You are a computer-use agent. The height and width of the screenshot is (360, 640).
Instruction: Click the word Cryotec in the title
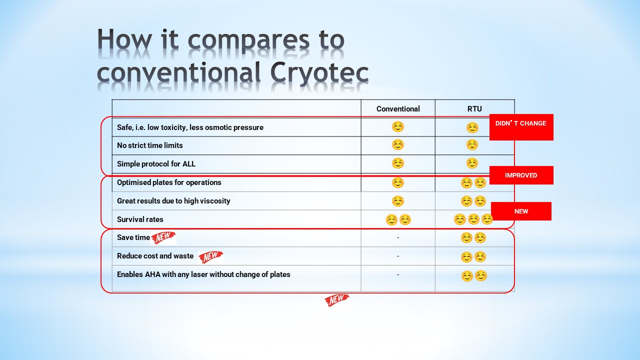319,73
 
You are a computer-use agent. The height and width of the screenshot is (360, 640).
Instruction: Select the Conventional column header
398,109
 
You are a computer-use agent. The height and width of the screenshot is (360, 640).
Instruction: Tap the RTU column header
474,109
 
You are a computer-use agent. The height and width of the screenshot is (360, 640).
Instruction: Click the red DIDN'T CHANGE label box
521,127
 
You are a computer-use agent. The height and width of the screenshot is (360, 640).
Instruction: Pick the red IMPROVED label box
521,175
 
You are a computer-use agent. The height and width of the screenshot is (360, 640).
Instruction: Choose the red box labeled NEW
521,211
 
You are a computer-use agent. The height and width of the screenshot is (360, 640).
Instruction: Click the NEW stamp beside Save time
163,237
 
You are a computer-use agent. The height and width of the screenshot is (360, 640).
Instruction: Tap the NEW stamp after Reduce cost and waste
210,256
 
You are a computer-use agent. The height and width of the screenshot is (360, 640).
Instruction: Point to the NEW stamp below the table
337,300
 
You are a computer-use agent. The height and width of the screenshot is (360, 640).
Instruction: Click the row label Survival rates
140,219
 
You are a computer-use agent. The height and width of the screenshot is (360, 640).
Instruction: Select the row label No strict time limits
149,145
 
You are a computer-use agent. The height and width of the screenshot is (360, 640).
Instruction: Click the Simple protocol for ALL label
156,164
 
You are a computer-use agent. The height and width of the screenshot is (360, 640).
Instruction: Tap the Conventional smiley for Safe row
397,126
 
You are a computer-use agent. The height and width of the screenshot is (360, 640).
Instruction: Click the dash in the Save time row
398,237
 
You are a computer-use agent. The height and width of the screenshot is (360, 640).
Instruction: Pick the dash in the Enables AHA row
398,275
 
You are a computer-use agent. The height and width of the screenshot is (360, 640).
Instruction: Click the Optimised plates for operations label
169,182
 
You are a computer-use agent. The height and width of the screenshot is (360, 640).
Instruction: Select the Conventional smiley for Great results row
397,201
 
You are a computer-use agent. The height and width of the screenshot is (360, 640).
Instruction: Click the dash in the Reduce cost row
398,256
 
